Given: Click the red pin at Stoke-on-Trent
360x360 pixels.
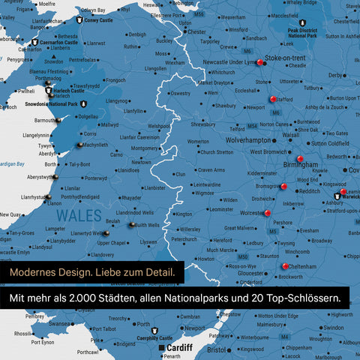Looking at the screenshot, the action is (x=260, y=63).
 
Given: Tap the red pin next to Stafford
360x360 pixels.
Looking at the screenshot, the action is (x=273, y=98).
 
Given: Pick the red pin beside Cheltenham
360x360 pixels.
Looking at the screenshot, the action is (x=285, y=266).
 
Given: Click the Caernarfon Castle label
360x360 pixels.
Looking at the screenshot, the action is (x=55, y=43).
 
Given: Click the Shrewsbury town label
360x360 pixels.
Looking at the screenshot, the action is (x=202, y=124).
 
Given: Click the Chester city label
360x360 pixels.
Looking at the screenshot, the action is (x=196, y=32).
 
